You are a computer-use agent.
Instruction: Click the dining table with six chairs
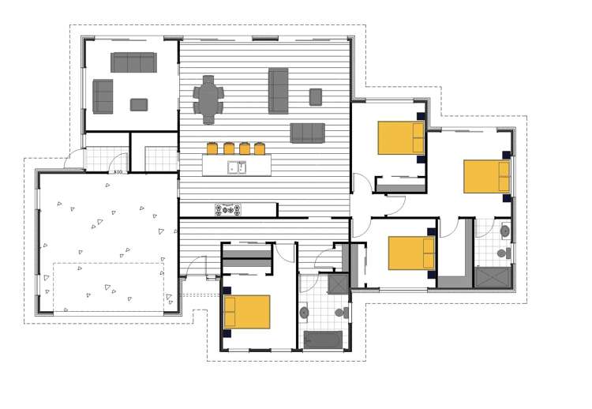(x=209, y=99)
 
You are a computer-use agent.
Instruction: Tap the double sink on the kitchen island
(x=237, y=167)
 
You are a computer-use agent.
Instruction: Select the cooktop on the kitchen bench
(x=229, y=209)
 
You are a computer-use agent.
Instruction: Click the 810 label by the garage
(x=118, y=171)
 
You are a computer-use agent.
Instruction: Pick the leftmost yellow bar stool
(x=212, y=148)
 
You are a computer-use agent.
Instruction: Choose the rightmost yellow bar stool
(x=259, y=148)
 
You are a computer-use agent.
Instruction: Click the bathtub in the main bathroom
(x=323, y=340)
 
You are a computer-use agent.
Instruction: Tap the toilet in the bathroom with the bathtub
(x=342, y=313)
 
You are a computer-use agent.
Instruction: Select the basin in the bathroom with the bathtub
(x=305, y=313)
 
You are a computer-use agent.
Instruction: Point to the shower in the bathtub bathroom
(x=338, y=283)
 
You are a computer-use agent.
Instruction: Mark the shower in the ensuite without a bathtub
(x=493, y=278)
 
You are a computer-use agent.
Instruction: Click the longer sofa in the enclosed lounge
(x=133, y=62)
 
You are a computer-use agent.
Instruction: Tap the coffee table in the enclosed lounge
(x=139, y=104)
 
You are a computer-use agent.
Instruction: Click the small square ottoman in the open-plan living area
(x=316, y=96)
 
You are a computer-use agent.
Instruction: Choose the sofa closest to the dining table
(x=279, y=90)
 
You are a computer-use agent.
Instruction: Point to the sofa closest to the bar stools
(x=307, y=133)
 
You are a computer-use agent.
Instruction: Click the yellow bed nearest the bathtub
(x=247, y=311)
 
